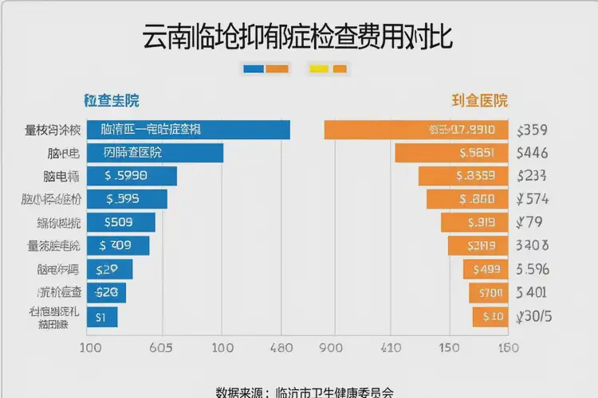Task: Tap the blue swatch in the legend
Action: (x=252, y=69)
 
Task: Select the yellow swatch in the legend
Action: (x=319, y=69)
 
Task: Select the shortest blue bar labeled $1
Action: (x=101, y=317)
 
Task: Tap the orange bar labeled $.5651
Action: (x=451, y=153)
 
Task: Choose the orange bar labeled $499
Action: (x=486, y=270)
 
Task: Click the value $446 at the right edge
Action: (x=532, y=153)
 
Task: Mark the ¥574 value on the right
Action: (x=532, y=199)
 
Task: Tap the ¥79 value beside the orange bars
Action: (x=529, y=222)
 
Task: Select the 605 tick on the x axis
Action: (x=162, y=348)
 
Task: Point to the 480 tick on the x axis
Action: (x=281, y=348)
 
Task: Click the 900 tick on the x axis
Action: (x=331, y=348)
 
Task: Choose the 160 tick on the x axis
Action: (x=509, y=348)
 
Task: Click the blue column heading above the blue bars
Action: (x=112, y=101)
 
